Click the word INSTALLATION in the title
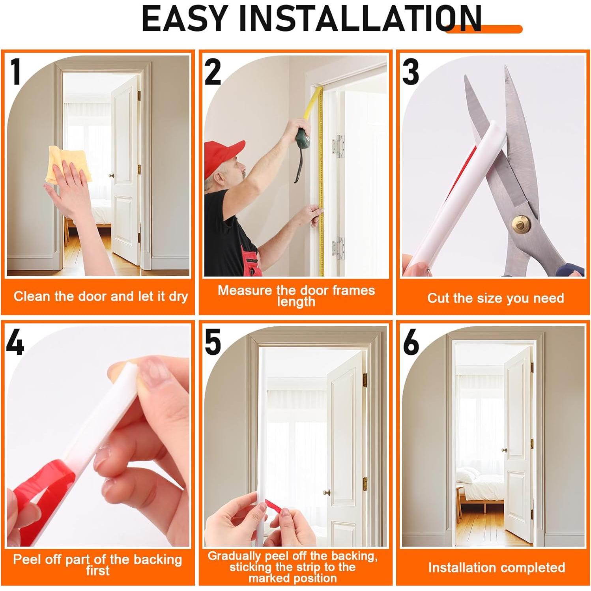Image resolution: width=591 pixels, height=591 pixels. point(360,19)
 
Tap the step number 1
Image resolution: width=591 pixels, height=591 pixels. point(16,72)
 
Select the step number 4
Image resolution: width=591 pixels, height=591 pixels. point(15,342)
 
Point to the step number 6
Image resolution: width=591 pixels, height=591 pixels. point(411,342)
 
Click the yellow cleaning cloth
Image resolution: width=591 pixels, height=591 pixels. point(69,165)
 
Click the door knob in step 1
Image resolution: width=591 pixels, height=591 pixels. point(112,176)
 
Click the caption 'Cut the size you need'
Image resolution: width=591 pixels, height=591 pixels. point(496,298)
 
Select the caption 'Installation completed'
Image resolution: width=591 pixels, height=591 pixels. point(496,567)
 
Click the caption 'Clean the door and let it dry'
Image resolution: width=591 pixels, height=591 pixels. point(101,296)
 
